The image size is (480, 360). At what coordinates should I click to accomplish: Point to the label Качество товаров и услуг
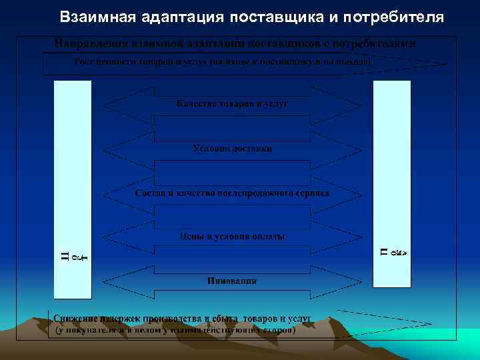(231, 104)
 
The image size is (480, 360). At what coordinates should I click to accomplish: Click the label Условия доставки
(231, 148)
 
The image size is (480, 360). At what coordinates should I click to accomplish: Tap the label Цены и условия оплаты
(231, 237)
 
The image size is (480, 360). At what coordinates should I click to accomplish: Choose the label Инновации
(231, 281)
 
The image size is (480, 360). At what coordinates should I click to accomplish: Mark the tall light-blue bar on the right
(392, 183)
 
